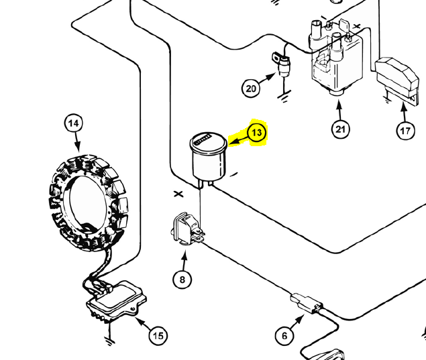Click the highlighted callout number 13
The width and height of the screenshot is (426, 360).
(257, 133)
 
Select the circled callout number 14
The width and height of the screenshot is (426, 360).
(74, 123)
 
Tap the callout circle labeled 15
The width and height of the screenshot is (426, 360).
(157, 335)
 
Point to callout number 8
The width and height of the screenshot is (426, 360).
(182, 278)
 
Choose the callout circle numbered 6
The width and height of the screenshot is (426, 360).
(285, 335)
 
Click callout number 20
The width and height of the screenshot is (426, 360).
(251, 88)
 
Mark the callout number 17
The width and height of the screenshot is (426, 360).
(405, 131)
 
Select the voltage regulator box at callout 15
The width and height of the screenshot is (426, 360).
(114, 302)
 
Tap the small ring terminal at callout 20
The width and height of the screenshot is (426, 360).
(276, 60)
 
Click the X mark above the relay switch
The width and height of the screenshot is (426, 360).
(178, 194)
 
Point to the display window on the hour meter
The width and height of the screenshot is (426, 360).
(204, 141)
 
